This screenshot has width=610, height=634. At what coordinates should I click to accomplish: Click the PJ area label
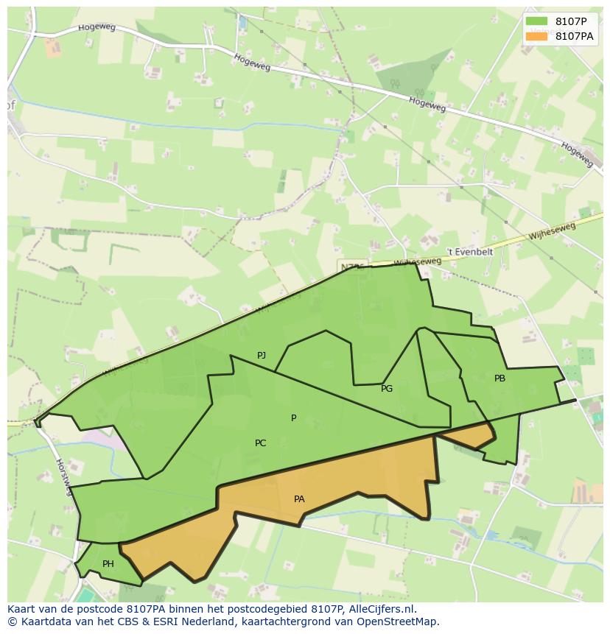pyautogui.click(x=262, y=356)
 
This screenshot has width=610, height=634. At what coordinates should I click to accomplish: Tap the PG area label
pyautogui.click(x=387, y=389)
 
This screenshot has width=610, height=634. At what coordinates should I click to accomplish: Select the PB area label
pyautogui.click(x=499, y=378)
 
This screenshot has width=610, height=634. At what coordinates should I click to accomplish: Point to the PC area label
pyautogui.click(x=260, y=443)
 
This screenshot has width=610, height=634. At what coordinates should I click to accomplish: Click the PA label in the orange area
pyautogui.click(x=299, y=499)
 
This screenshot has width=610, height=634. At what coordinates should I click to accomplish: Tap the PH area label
pyautogui.click(x=108, y=564)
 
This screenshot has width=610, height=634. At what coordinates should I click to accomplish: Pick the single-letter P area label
pyautogui.click(x=293, y=418)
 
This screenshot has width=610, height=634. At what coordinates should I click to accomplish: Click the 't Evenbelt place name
pyautogui.click(x=470, y=252)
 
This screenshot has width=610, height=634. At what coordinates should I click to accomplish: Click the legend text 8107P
pyautogui.click(x=571, y=21)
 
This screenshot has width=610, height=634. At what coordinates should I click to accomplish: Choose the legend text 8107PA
pyautogui.click(x=575, y=36)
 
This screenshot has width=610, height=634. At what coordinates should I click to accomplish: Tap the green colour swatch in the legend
pyautogui.click(x=537, y=21)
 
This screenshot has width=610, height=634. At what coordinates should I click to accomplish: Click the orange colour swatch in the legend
pyautogui.click(x=537, y=36)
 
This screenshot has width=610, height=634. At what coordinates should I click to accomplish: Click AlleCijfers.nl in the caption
pyautogui.click(x=383, y=609)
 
